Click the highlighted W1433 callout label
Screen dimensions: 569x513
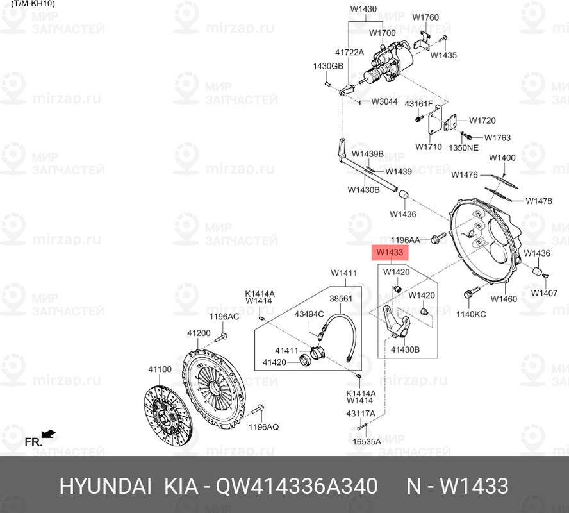coord(390,252)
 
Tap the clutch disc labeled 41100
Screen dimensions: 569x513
coord(167,416)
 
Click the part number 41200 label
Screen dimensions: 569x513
coord(199,333)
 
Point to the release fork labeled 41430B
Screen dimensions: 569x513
coord(396,323)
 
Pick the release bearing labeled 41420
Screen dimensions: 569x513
coord(304,360)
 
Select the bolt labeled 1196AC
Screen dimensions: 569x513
coord(220,337)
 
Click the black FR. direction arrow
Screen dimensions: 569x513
coord(48,433)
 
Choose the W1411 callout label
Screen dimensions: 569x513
coord(343,273)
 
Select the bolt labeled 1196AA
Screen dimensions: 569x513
coord(439,238)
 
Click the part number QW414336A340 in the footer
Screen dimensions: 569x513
coord(297,486)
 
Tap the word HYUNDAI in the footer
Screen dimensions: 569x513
coord(105,486)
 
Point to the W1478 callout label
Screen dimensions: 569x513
coord(538,201)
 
